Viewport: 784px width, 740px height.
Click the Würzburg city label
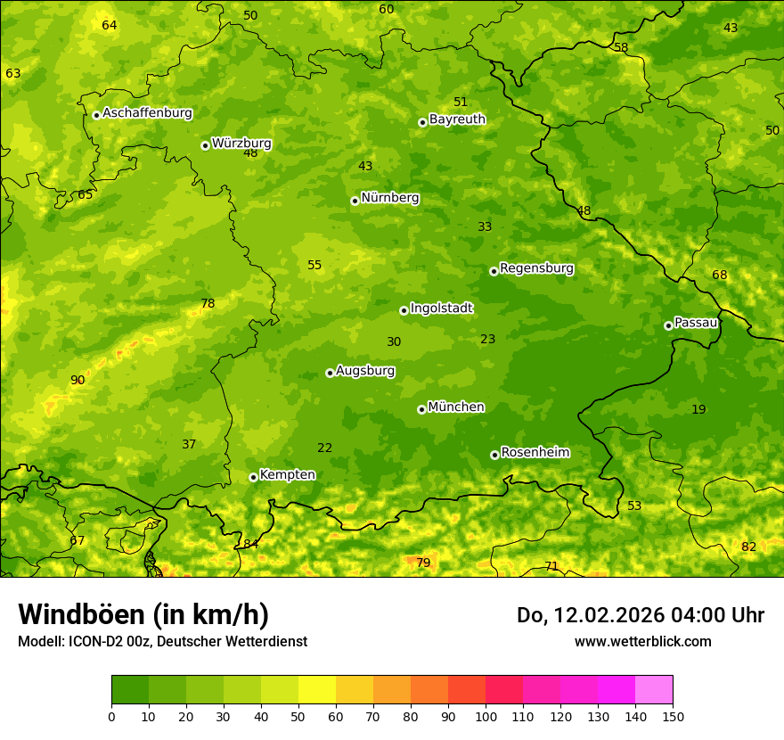pos(241,144)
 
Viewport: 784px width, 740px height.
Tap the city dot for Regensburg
pos(494,271)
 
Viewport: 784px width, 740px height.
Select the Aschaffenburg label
pos(147,113)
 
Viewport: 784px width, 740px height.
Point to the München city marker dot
pos(422,409)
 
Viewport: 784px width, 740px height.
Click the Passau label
pos(696,323)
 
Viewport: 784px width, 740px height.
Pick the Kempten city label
pos(287,475)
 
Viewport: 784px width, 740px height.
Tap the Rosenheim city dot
pos(494,455)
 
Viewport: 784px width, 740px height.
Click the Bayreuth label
pos(457,119)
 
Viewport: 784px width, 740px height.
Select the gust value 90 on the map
pos(78,381)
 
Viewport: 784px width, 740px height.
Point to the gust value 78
pos(208,304)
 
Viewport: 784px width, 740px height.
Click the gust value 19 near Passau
pos(698,410)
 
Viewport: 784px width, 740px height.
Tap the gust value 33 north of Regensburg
pos(485,227)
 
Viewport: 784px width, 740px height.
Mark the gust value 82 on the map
pos(748,547)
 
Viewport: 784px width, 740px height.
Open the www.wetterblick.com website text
pos(642,641)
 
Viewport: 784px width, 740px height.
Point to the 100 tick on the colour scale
pos(486,715)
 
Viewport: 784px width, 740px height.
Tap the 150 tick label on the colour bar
pos(673,715)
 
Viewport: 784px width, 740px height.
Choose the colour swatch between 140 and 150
pos(654,690)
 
